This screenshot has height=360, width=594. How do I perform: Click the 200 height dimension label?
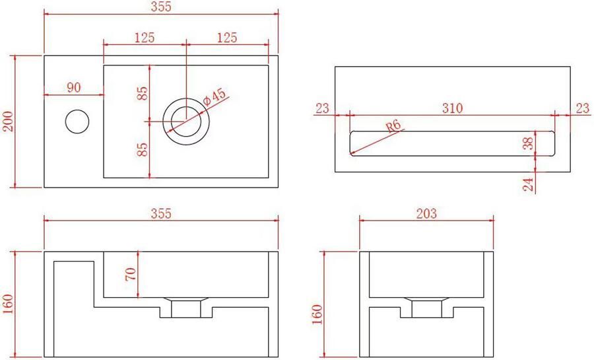pos(8,122)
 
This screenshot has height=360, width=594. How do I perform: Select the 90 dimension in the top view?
pos(74,87)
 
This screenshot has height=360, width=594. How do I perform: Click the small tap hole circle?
pos(77,121)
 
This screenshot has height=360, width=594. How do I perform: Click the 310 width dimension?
pos(452,108)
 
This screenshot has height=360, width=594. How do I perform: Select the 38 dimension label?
pos(528,144)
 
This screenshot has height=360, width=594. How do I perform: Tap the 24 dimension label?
pos(528,184)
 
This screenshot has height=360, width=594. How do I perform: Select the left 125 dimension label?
pos(145,38)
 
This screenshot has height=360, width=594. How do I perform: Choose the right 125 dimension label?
pos(226,38)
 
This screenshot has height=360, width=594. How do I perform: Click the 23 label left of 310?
pos(322,108)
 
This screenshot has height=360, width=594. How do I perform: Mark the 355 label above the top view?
pos(160,7)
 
